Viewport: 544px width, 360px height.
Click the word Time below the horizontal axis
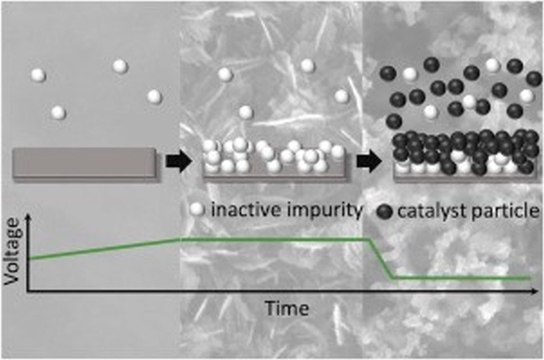click(287, 308)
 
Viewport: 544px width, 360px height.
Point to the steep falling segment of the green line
click(381, 259)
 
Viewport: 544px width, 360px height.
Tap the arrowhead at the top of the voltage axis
click(27, 218)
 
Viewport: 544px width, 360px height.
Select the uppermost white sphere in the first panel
click(120, 66)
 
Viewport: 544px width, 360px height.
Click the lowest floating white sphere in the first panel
click(59, 112)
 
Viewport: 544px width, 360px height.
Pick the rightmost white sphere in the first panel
click(154, 97)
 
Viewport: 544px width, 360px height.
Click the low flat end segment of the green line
click(461, 277)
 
